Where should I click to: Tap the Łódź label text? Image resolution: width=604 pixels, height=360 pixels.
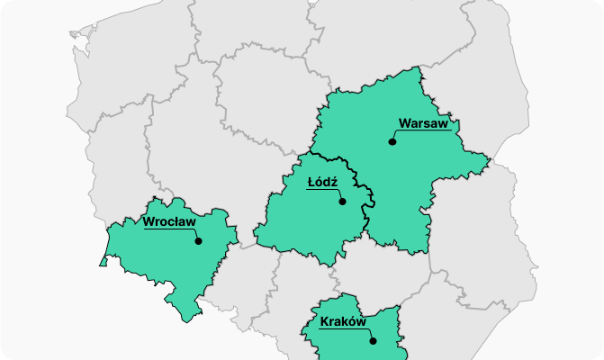click(322, 182)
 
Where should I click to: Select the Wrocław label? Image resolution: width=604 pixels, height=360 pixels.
click(169, 221)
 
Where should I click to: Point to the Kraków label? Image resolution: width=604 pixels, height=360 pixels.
click(342, 322)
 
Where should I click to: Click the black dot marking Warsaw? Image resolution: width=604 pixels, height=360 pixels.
click(392, 141)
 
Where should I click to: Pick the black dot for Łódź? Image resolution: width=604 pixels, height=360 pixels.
click(342, 202)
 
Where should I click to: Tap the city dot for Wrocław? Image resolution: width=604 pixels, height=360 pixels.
click(198, 240)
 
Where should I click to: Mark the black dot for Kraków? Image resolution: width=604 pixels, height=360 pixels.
click(373, 341)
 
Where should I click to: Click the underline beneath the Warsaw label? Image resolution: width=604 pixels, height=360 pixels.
click(423, 131)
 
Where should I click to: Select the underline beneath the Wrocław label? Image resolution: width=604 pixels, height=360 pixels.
click(169, 229)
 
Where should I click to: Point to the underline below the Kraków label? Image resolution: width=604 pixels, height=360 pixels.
click(343, 330)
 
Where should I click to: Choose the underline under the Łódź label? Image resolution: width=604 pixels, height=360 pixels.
click(322, 190)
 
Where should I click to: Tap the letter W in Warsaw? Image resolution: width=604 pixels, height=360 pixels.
click(404, 123)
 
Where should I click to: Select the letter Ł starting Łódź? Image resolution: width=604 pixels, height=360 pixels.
click(311, 182)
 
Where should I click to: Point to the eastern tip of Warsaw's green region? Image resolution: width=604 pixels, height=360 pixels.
click(491, 161)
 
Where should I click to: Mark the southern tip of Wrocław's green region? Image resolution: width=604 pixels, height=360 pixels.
click(186, 320)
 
